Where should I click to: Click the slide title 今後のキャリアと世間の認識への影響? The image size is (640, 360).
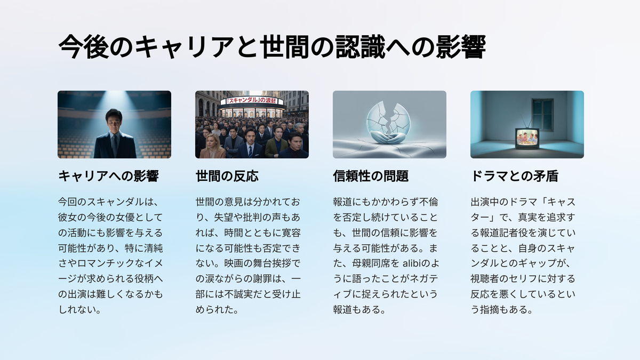pyautogui.click(x=272, y=46)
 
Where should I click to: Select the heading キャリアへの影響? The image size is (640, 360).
pyautogui.click(x=108, y=176)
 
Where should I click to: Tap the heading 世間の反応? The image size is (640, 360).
pyautogui.click(x=227, y=176)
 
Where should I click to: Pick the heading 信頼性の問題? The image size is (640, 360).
pyautogui.click(x=371, y=176)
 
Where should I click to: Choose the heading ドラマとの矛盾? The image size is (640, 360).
pyautogui.click(x=514, y=176)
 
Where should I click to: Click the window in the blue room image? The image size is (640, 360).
pyautogui.click(x=543, y=115)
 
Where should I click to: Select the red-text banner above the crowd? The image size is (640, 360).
pyautogui.click(x=252, y=101)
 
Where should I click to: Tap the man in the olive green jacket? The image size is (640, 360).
pyautogui.click(x=277, y=142)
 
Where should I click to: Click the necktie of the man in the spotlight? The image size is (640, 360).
pyautogui.click(x=115, y=146)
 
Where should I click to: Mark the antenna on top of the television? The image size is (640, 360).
pyautogui.click(x=526, y=122)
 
